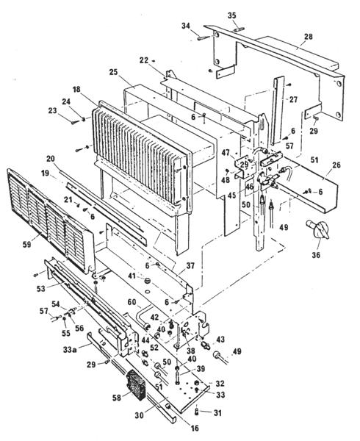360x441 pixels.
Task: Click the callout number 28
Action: point(308,36)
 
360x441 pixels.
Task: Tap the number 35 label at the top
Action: point(233,15)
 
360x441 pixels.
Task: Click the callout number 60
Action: point(132,302)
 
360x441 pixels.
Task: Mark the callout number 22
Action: point(144,60)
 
